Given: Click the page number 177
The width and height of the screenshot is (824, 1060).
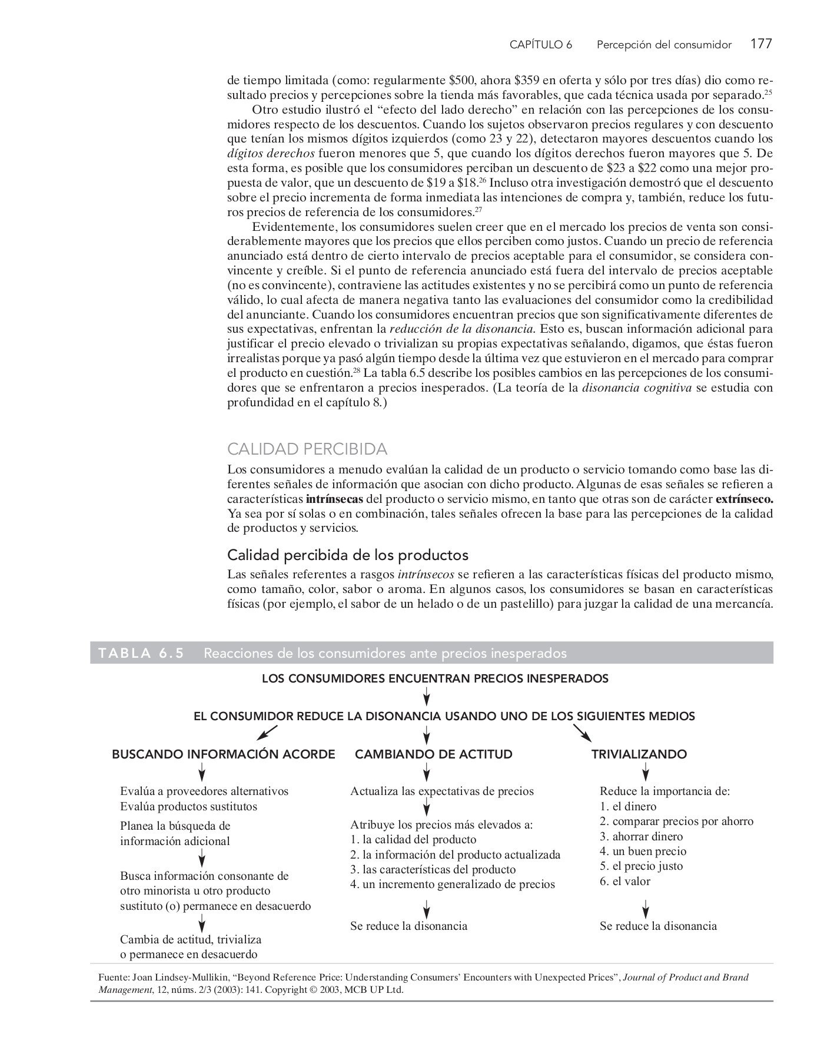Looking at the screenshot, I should [x=761, y=44].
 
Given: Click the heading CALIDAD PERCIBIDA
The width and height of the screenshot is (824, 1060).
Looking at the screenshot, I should [x=307, y=449].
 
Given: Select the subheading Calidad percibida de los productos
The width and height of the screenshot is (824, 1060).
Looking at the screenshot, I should [x=347, y=555].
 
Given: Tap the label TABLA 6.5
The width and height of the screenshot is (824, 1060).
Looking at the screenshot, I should [x=141, y=653].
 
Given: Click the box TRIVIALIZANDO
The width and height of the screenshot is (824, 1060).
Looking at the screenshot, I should [x=639, y=754].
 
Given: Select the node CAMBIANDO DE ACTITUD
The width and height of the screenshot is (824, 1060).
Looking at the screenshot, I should [x=433, y=754].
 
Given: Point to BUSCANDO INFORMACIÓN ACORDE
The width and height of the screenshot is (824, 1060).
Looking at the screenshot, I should [x=224, y=754].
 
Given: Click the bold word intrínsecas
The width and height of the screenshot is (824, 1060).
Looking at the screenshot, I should [x=334, y=499].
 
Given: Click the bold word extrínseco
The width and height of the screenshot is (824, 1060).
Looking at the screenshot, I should [x=744, y=499].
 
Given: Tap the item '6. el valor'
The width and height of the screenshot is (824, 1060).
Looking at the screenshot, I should [x=625, y=882].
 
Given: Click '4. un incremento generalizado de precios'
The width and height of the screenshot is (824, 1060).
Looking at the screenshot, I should [x=452, y=885].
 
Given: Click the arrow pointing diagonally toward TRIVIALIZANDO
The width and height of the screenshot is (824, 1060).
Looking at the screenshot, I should [x=583, y=733].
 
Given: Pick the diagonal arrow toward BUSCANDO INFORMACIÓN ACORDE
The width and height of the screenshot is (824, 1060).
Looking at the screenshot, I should [x=267, y=733].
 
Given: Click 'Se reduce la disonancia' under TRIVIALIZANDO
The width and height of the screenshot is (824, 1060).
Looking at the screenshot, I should [x=658, y=926].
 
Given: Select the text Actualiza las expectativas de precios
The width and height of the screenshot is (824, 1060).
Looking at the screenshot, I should [x=441, y=791].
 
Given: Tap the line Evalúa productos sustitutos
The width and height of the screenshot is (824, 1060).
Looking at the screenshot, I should [x=188, y=807].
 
